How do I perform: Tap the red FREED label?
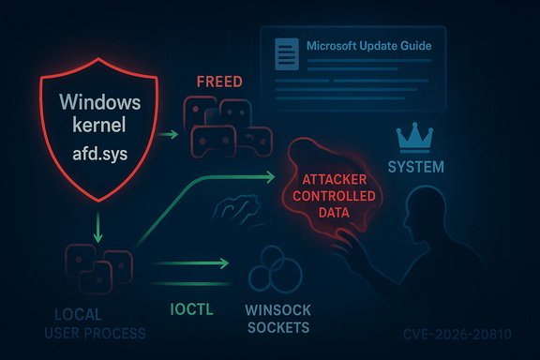[x=220, y=82]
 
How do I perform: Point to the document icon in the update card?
[x=284, y=49]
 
